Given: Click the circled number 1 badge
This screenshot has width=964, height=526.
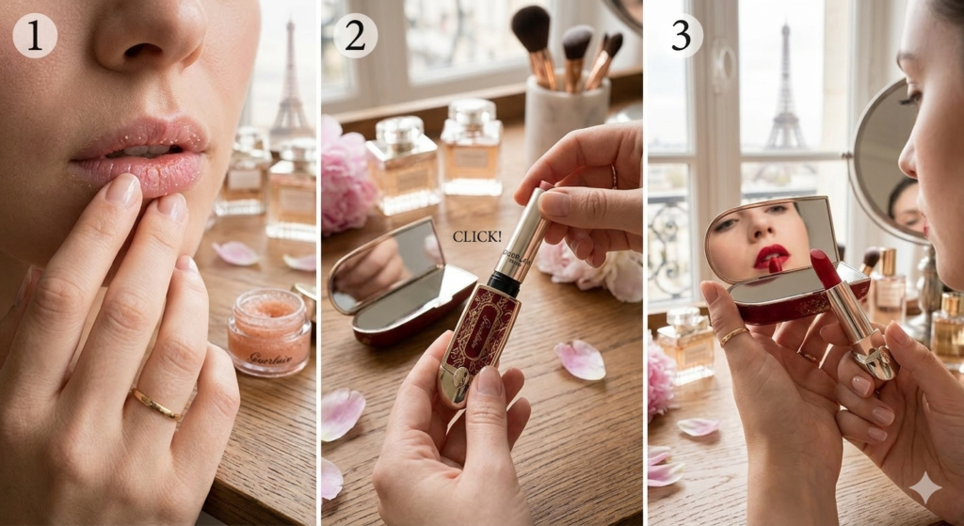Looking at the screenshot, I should click(35, 36).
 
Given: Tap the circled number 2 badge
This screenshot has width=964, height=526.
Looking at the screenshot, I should click(355, 36).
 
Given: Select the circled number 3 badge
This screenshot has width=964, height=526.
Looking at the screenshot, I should click(681, 36).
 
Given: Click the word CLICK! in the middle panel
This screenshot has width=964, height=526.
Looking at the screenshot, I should click(477, 237).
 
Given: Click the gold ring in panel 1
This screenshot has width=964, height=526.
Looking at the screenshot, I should click(155, 405).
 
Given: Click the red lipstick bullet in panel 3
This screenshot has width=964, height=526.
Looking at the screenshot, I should click(825, 269).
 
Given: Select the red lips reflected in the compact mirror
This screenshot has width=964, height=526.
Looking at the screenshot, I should click(771, 255).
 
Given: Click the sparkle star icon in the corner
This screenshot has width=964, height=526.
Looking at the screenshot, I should click(925, 487).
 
